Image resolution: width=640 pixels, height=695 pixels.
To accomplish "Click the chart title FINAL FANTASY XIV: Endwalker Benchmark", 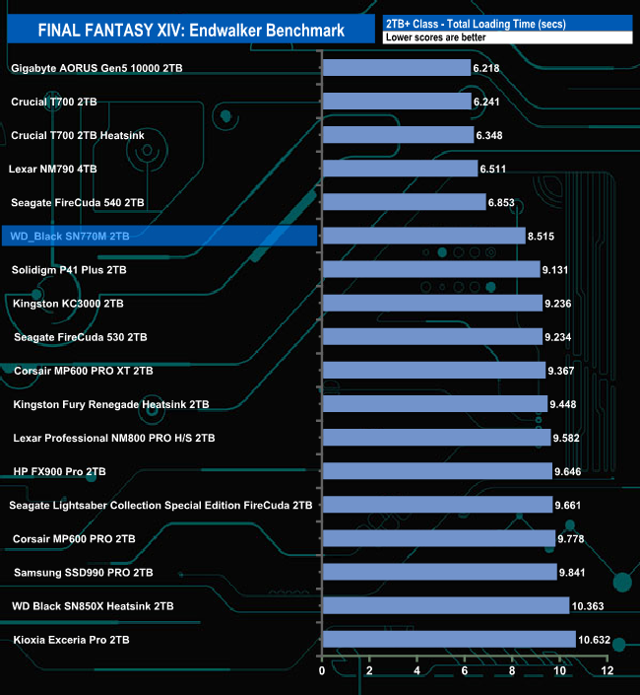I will (x=191, y=30).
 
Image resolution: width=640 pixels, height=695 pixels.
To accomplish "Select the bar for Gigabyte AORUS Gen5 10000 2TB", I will (x=396, y=68).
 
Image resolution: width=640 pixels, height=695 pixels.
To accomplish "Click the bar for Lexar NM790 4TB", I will (x=400, y=169).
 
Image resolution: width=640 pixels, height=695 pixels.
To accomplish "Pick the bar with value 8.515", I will (x=423, y=236).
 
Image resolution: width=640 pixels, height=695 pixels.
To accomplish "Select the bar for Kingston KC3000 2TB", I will (x=432, y=304).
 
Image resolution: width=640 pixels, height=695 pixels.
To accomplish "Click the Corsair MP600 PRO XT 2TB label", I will (x=84, y=371).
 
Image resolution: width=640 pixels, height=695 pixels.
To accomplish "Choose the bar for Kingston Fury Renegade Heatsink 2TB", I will (x=434, y=404).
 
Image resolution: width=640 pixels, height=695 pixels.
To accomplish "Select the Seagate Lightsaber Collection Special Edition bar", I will (x=437, y=505).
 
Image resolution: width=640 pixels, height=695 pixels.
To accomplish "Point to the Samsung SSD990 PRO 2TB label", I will (x=84, y=572).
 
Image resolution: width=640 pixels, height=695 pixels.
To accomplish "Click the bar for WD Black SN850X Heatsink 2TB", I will (x=445, y=605).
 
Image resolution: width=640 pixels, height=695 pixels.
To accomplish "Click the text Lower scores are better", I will (x=430, y=37).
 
